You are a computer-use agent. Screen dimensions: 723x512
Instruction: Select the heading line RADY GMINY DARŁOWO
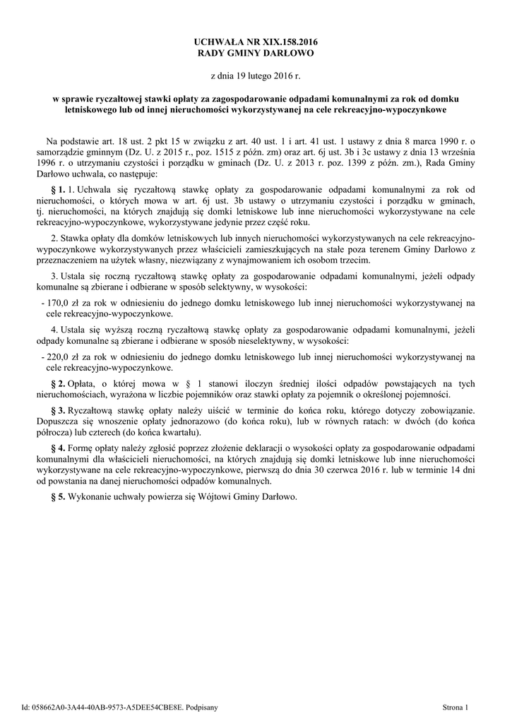(256, 53)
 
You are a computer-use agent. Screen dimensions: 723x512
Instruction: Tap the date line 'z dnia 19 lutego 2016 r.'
(256, 76)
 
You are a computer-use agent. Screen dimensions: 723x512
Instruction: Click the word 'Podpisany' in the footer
(202, 706)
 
